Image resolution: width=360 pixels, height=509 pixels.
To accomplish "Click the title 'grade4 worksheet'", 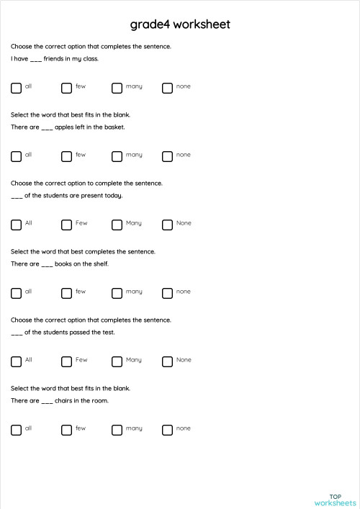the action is [180, 24].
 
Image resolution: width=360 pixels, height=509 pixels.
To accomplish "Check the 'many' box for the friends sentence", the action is [117, 88].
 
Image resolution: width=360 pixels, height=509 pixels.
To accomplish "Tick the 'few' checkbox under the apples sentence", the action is [66, 156].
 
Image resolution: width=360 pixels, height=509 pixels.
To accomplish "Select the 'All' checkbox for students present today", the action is [16, 225].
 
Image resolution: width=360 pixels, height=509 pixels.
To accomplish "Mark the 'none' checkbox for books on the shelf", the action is [167, 293].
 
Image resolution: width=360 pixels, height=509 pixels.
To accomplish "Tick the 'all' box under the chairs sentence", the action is [16, 430].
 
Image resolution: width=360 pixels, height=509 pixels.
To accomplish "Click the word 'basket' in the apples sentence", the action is [114, 127].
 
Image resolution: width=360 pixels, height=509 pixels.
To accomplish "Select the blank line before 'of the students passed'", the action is [17, 333].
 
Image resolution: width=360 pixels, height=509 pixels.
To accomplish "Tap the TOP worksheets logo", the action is [335, 500].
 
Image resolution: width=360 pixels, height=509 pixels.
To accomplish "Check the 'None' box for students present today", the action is [167, 225].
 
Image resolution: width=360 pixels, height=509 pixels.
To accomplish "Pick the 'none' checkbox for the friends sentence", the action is [167, 88].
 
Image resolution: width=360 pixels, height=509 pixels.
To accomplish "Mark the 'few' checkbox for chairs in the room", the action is [66, 430].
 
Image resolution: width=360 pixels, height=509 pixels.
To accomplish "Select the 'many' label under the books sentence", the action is [134, 292].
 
